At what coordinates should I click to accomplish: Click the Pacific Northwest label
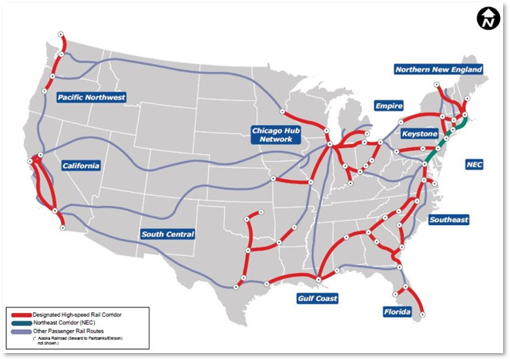coord(91,97)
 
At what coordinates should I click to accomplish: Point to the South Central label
coord(167,234)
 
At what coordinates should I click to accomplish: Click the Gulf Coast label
coord(317,297)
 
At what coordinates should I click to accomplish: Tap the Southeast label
coord(448,220)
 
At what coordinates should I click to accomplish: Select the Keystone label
coord(420,134)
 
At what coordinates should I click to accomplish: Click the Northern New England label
coord(438,69)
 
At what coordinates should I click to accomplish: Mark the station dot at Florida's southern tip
coord(422,312)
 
